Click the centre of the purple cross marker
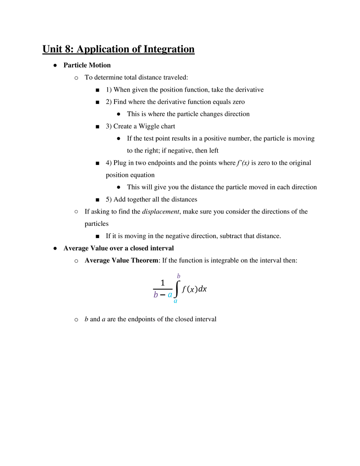click(x=178, y=276)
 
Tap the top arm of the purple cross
click(x=178, y=273)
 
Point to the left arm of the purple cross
click(x=175, y=276)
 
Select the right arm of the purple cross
click(x=182, y=276)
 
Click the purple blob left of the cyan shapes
click(x=155, y=294)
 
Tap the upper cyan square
click(x=170, y=295)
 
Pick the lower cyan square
click(x=176, y=302)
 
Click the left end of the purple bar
click(x=155, y=299)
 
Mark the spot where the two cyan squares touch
click(x=173, y=298)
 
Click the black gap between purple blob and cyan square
click(x=163, y=295)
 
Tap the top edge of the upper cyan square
click(x=170, y=292)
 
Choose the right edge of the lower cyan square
click(x=179, y=302)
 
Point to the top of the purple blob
click(x=155, y=291)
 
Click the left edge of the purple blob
click(x=151, y=294)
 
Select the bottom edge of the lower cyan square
click(x=176, y=304)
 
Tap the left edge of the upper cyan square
click(x=167, y=295)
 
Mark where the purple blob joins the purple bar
click(x=155, y=297)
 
